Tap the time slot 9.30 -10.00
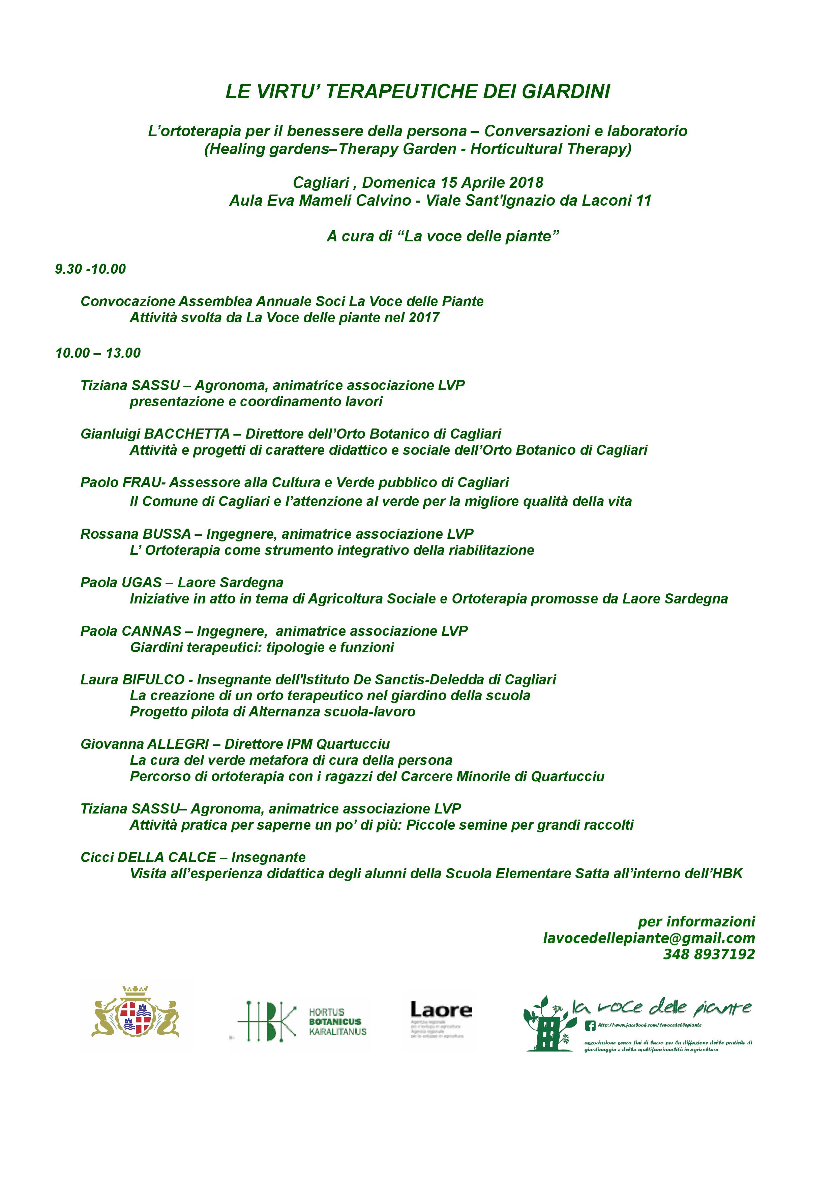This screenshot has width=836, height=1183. pos(91,269)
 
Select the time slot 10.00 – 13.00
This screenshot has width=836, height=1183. pos(98,353)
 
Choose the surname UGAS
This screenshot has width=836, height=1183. pos(142,583)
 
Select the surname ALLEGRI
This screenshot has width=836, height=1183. pos(178,744)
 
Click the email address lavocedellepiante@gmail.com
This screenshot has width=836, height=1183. pos(649,938)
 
